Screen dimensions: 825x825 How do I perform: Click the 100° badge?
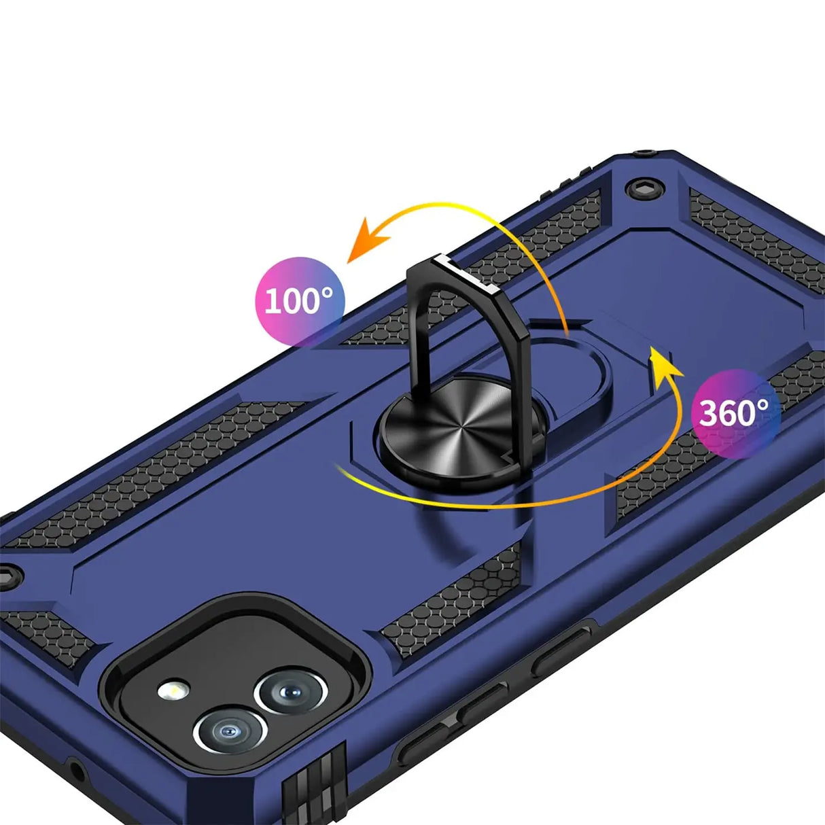(x=300, y=300)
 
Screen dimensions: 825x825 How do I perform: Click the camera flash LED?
(x=173, y=690)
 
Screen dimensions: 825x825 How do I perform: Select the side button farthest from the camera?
(x=561, y=652)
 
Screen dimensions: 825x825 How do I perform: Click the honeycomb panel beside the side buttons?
(x=452, y=601)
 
